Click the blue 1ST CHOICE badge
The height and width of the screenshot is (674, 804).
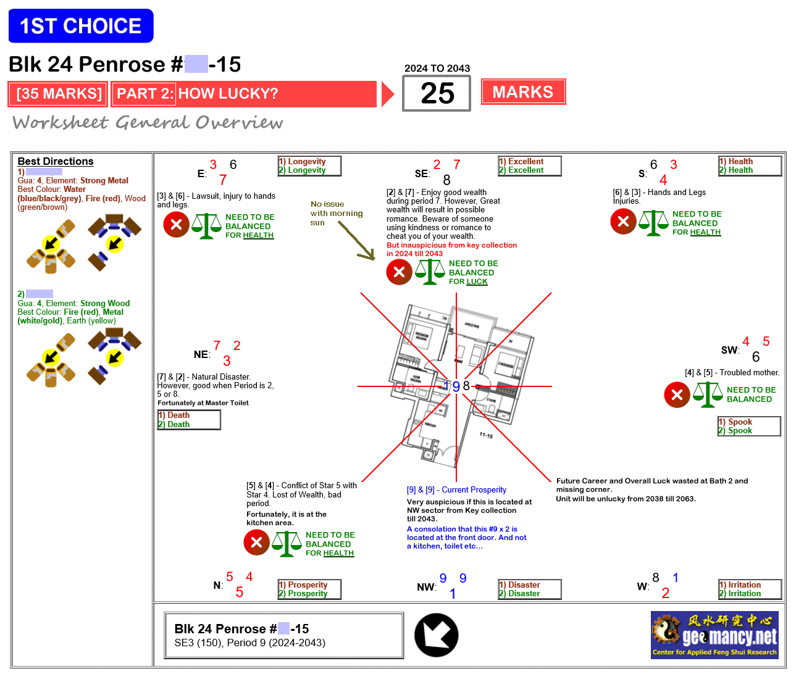[x=81, y=26]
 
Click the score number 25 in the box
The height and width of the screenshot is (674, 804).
[x=437, y=93]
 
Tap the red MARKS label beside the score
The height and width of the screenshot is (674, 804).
[x=523, y=92]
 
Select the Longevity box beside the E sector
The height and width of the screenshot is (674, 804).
[x=309, y=166]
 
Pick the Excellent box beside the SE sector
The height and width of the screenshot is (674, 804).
[x=530, y=166]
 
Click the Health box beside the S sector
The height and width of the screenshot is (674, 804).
[x=750, y=166]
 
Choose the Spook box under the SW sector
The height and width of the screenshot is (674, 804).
[x=749, y=426]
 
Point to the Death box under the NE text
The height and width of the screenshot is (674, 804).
[x=189, y=420]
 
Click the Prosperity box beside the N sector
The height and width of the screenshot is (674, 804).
[x=309, y=589]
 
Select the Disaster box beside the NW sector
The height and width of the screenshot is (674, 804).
[x=530, y=589]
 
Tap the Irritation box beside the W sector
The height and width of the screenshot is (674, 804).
[x=750, y=589]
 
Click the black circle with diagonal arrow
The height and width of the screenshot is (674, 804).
[x=437, y=635]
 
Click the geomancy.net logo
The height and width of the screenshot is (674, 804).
[x=714, y=635]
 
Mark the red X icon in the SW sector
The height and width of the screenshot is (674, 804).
[x=677, y=395]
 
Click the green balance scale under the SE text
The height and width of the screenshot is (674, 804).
[x=430, y=272]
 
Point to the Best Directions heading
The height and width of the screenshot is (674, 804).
[x=56, y=161]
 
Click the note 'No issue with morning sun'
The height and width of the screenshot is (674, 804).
[x=336, y=213]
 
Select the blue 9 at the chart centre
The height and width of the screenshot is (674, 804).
[x=456, y=386]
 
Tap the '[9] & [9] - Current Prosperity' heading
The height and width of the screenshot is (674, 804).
[x=456, y=490]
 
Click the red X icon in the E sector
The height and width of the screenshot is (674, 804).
[x=176, y=225]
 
